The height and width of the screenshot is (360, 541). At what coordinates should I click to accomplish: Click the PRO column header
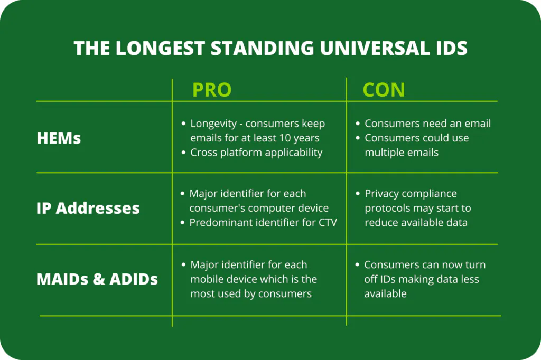pos(212,90)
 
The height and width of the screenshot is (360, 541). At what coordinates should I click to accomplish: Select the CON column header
pos(384,90)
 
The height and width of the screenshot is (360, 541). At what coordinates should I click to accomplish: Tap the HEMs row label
pos(59,138)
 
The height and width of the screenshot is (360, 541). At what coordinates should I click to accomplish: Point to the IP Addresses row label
pos(88,209)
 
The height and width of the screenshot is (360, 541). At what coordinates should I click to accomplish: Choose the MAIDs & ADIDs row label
pos(97,279)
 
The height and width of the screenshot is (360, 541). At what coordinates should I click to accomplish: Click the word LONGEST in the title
pos(161,48)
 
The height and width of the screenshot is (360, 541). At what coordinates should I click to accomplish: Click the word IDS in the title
pos(449,48)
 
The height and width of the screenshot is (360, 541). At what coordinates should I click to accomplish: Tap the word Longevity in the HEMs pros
pos(213,124)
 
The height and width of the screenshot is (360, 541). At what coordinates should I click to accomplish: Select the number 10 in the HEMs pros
pos(285,138)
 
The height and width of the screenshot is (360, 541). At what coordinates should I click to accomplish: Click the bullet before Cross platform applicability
pos(183,153)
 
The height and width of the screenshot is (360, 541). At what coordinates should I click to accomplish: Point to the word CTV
pos(328,222)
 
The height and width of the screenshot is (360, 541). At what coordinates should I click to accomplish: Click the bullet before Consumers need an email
pos(358,124)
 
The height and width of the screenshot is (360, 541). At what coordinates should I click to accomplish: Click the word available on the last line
pos(385,294)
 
